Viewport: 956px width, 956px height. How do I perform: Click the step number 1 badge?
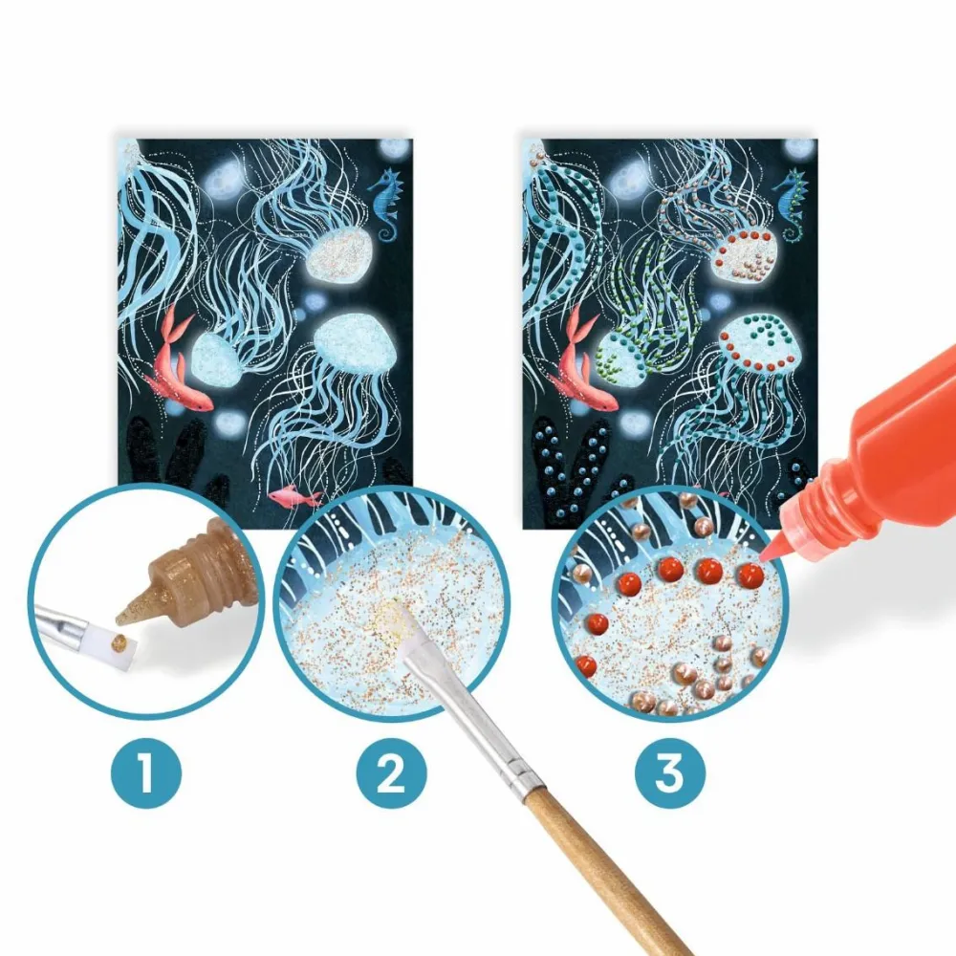pyautogui.click(x=146, y=773)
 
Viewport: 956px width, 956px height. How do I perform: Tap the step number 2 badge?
pyautogui.click(x=392, y=773)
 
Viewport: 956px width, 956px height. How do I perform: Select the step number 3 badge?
pyautogui.click(x=670, y=773)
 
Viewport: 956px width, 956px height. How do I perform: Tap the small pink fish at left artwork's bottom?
pyautogui.click(x=295, y=496)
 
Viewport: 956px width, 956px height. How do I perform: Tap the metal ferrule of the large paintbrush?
pyautogui.click(x=469, y=720)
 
